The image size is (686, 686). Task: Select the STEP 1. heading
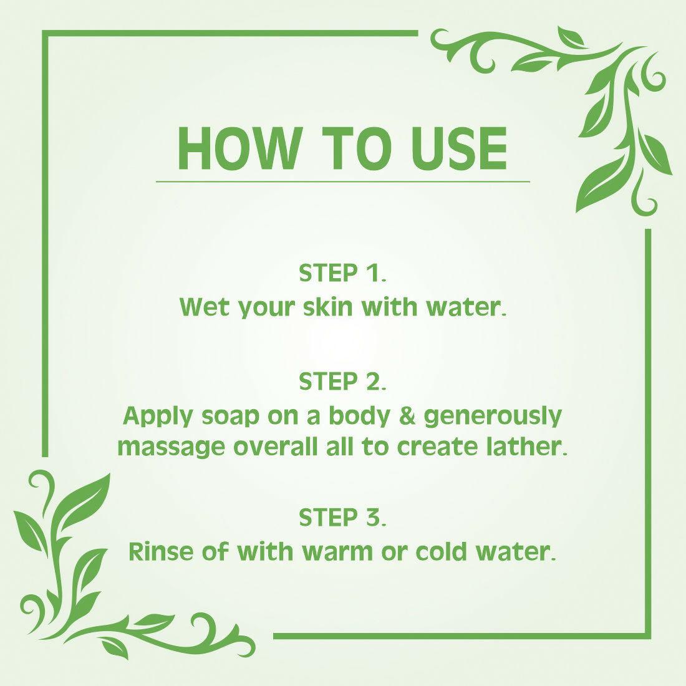(x=343, y=273)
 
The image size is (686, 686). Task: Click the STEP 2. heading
(x=343, y=382)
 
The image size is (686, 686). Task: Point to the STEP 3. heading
(x=343, y=517)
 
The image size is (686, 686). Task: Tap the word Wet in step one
(x=202, y=307)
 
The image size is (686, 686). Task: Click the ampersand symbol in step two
(x=408, y=416)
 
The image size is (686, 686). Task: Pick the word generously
(x=493, y=416)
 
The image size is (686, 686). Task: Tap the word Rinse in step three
(x=157, y=551)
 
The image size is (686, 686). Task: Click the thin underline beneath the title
(x=343, y=181)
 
